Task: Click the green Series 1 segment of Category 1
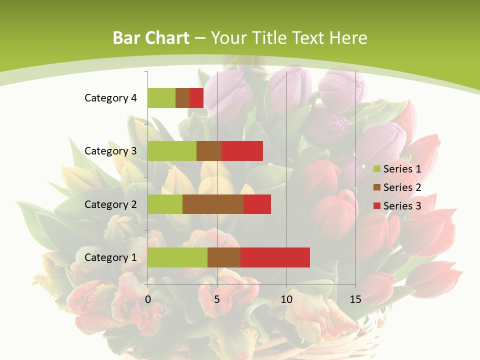click(x=177, y=257)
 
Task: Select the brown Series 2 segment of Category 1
click(x=224, y=257)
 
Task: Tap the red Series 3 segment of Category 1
click(x=275, y=257)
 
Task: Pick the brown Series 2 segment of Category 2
click(x=213, y=204)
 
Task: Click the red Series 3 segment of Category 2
click(x=257, y=204)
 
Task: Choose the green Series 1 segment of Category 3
click(x=172, y=151)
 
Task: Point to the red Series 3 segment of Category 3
click(x=242, y=151)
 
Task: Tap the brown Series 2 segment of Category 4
click(x=182, y=98)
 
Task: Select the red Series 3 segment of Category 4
click(x=196, y=98)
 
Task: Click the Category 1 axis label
click(x=110, y=257)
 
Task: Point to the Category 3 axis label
click(x=110, y=151)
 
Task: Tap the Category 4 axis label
click(x=110, y=98)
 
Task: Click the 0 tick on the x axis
click(x=148, y=299)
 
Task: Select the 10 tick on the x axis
click(x=286, y=299)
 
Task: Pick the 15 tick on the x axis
click(x=355, y=299)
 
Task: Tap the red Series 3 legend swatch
click(x=377, y=206)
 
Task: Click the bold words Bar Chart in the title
click(x=151, y=38)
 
